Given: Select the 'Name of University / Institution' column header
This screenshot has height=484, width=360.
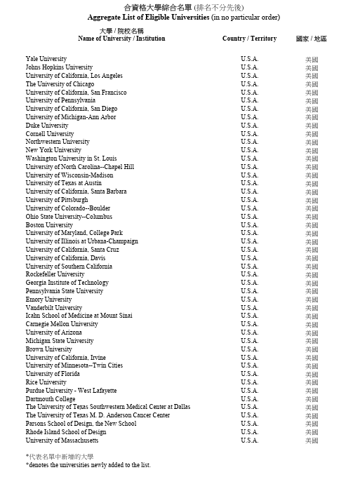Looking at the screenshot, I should click(121, 39).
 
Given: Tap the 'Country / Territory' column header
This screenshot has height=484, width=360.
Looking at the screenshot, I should click(249, 39).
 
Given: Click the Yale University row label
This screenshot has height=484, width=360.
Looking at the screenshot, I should click(46, 59).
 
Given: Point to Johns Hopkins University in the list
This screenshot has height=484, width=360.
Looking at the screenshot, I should click(59, 67).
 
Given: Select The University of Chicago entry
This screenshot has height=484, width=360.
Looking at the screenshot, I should click(60, 84).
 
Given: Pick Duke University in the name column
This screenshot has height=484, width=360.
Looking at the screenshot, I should click(47, 126).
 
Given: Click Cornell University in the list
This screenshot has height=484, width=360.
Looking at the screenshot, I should click(50, 134).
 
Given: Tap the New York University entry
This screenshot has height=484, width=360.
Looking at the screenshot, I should click(53, 150).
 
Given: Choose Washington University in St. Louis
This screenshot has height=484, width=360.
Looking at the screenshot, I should click(71, 159).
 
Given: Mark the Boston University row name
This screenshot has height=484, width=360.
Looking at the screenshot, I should click(49, 225).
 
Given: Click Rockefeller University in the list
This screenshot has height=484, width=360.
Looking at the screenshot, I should click(55, 274).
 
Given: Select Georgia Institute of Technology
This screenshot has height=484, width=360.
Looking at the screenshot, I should click(67, 283).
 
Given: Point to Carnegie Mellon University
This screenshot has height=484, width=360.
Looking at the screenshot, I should click(62, 324).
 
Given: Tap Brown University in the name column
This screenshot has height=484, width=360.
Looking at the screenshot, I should click(48, 349).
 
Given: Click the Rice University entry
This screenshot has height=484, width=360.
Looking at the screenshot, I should click(46, 382).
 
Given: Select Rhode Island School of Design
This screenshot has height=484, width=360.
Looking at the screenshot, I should click(66, 432).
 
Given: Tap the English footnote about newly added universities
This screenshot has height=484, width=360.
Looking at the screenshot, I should click(88, 465).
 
